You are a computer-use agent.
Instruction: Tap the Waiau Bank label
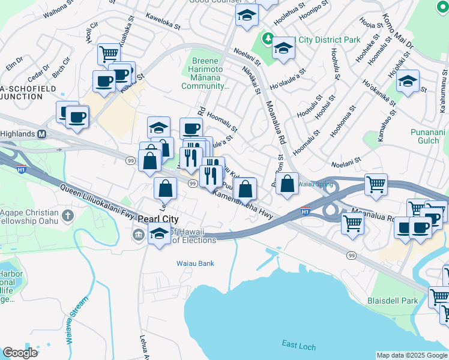pos(195,263)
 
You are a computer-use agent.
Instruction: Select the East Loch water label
pos(299,344)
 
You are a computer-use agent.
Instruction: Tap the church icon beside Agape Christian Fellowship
pos(68,215)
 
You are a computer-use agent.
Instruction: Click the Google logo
pos(20,353)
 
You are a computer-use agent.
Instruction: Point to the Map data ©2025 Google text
pos(412,355)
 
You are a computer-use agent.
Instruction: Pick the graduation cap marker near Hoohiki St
pos(408,81)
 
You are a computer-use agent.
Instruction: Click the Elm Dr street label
pos(14,60)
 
